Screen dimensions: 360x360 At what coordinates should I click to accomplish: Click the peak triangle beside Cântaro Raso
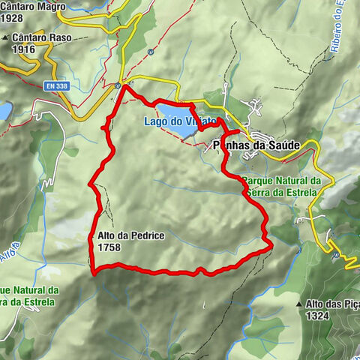[x=6, y=37]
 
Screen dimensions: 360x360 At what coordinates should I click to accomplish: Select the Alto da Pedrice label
[x=130, y=235]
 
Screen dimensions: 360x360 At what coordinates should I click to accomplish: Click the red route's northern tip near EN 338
[x=124, y=86]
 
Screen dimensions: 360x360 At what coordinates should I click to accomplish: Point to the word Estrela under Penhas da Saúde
[x=300, y=192]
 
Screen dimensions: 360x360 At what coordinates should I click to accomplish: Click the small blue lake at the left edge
[x=4, y=111]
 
